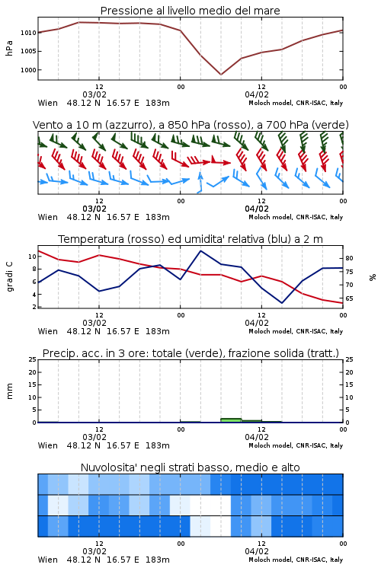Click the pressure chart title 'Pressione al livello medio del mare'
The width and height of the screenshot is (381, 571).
(x=190, y=11)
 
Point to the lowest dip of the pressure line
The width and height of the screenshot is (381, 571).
(x=221, y=75)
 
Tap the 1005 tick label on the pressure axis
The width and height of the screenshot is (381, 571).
(x=28, y=51)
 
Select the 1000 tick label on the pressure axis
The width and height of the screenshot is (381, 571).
(x=28, y=70)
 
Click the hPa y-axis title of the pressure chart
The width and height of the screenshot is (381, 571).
(x=9, y=48)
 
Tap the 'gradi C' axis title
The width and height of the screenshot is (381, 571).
(x=9, y=276)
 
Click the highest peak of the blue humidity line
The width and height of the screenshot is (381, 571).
(x=200, y=250)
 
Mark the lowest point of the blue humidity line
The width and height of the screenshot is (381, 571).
(x=282, y=302)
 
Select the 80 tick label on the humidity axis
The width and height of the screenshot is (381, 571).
(x=349, y=258)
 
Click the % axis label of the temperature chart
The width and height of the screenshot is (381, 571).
(x=373, y=277)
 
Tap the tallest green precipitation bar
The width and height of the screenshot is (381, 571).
(x=231, y=420)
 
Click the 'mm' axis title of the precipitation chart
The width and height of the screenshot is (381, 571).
(x=9, y=391)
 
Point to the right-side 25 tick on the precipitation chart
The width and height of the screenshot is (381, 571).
(x=349, y=359)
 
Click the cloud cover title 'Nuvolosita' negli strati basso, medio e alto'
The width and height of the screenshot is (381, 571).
(x=190, y=467)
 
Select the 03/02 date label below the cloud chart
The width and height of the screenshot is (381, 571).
(x=94, y=551)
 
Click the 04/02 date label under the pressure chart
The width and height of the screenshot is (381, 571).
(x=257, y=94)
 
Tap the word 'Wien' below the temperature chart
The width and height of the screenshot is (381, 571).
(x=48, y=331)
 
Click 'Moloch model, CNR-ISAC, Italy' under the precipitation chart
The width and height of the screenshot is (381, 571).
(x=296, y=445)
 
